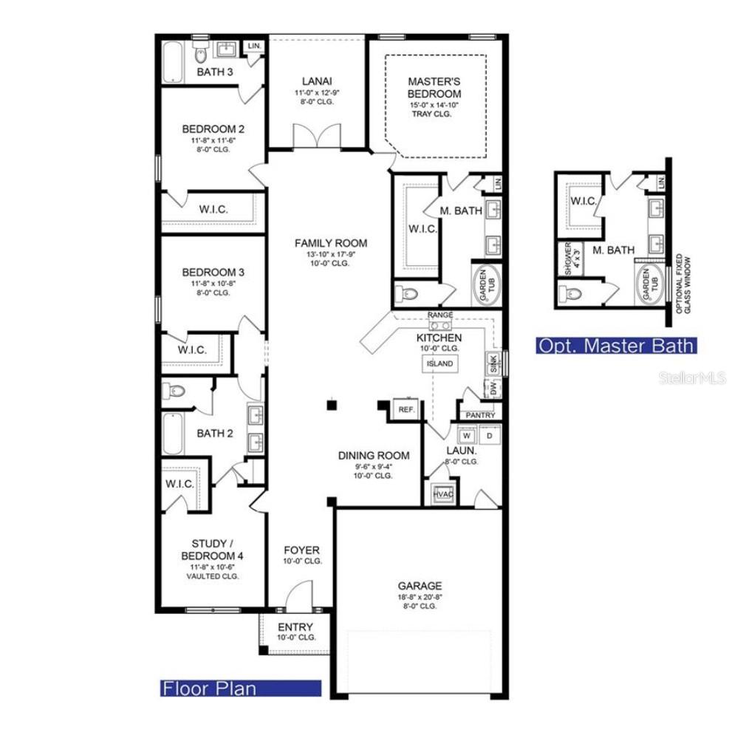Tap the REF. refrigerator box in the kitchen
406,409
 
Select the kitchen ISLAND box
439,363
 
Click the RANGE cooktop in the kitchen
440,324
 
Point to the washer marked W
467,436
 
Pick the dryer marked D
490,436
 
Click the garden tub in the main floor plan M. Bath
485,283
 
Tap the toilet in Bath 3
200,55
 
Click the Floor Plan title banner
241,689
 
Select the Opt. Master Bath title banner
615,345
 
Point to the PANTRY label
480,415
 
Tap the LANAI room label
316,81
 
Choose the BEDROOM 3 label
213,272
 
